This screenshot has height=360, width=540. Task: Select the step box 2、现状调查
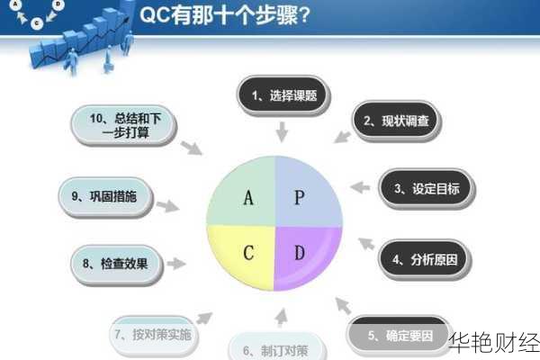pyautogui.click(x=395, y=120)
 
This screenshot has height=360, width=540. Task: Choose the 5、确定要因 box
pyautogui.click(x=396, y=335)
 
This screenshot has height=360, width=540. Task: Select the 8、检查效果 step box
pyautogui.click(x=116, y=264)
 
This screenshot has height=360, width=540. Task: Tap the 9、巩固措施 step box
pyautogui.click(x=110, y=195)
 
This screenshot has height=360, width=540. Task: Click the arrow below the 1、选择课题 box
pyautogui.click(x=281, y=131)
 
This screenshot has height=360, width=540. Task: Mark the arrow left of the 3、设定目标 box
pyautogui.click(x=359, y=188)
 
